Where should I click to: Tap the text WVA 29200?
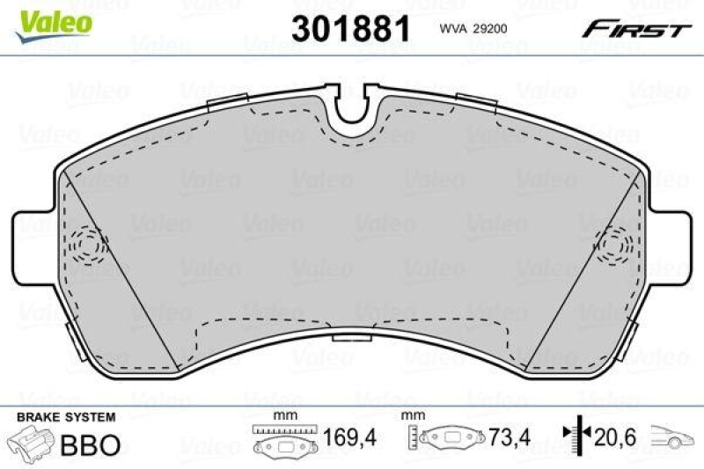point(473,29)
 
